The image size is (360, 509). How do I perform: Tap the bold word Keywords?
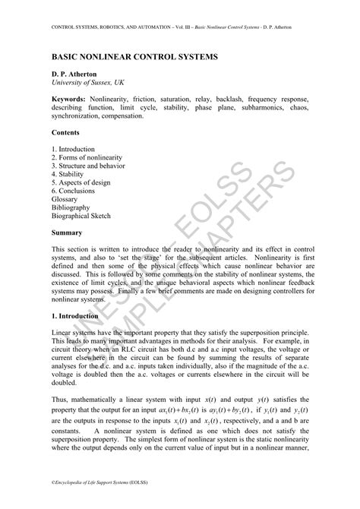[69, 99]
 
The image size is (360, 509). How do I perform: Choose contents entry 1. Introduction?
[74, 149]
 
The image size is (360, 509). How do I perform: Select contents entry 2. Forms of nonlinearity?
[88, 157]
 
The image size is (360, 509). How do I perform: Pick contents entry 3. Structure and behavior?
[88, 166]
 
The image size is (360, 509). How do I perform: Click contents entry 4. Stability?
[68, 174]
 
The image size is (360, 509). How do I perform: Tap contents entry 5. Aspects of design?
[81, 182]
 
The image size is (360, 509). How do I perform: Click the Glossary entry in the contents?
[67, 199]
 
